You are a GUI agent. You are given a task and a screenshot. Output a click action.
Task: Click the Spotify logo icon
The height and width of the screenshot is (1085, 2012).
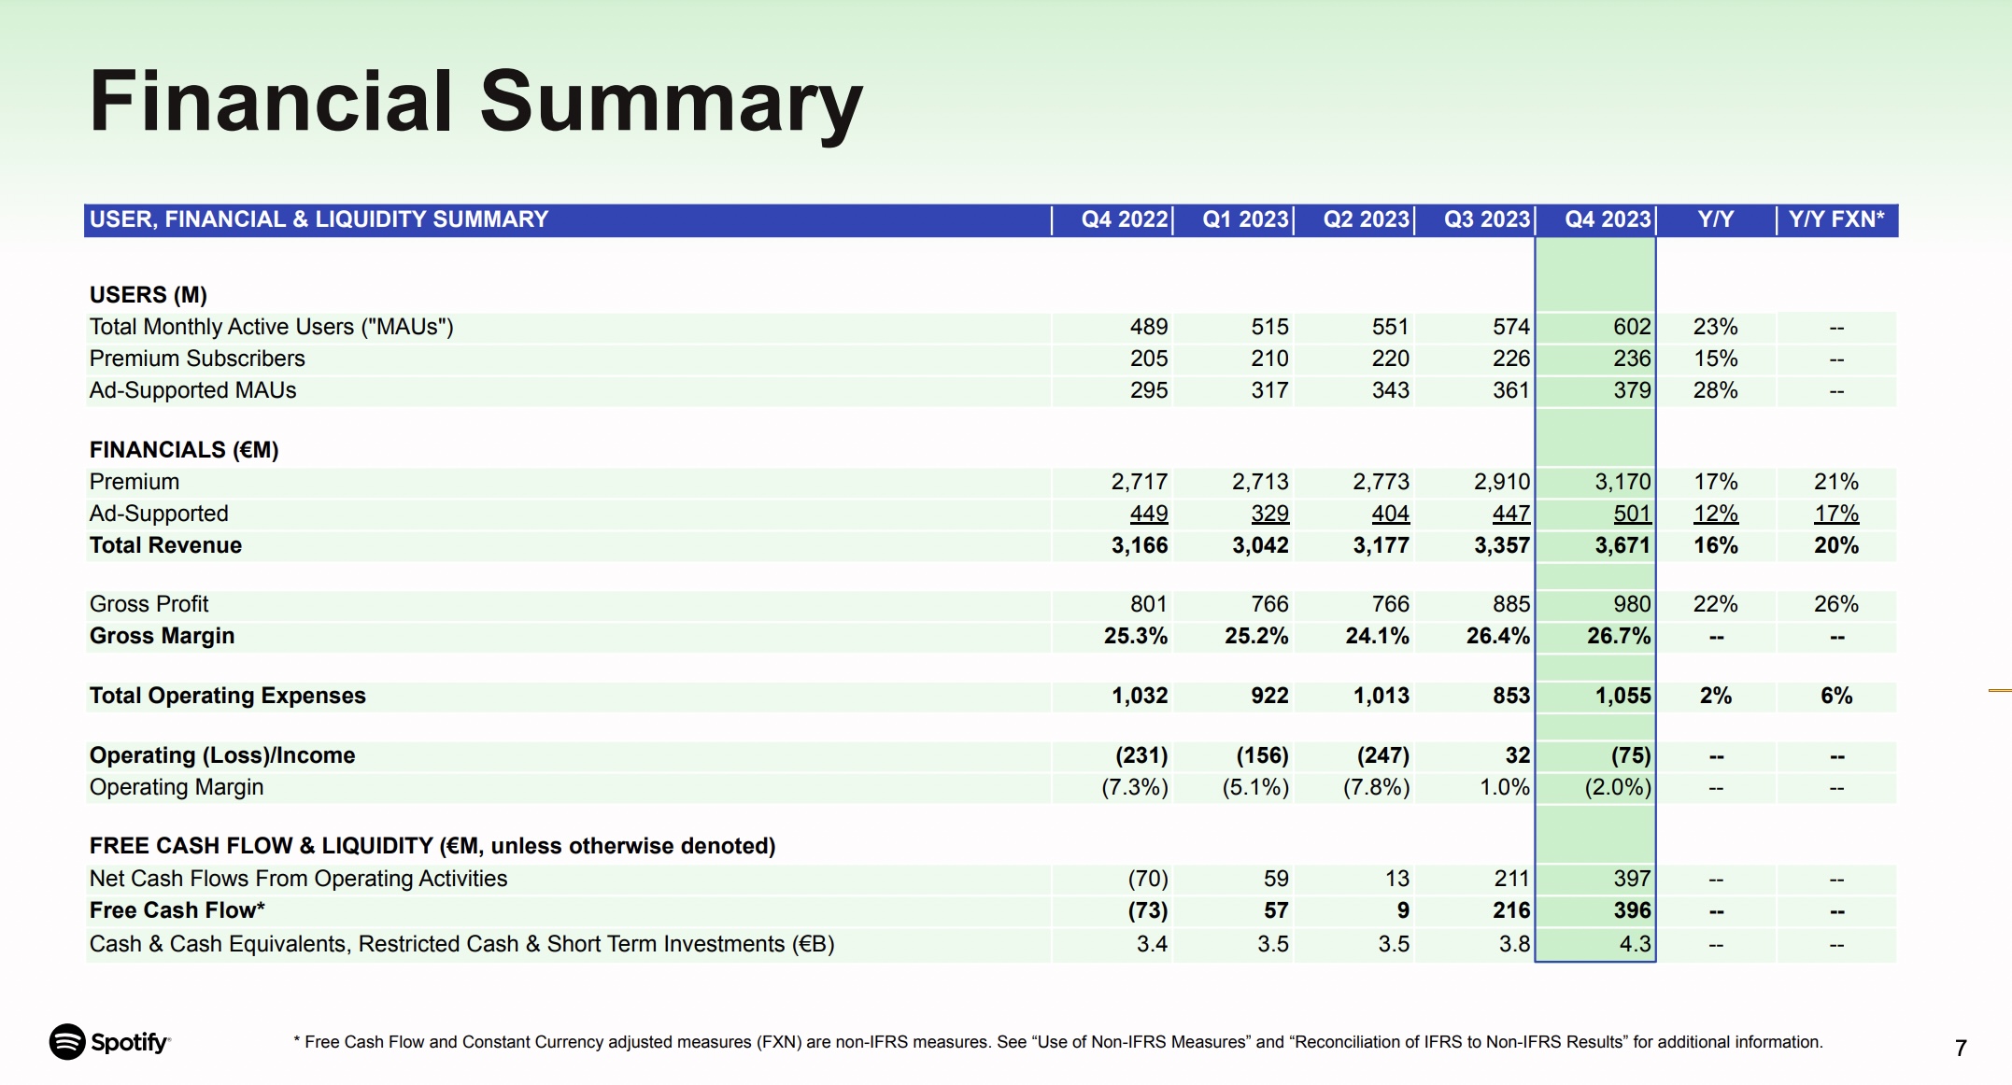[67, 1042]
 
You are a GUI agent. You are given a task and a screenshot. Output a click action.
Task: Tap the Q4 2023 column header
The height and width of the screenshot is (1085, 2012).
[1608, 219]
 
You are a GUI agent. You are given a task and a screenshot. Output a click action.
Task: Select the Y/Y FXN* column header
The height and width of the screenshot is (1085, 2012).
[1836, 219]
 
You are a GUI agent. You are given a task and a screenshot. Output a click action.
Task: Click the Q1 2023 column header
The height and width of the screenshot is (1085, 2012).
[1245, 219]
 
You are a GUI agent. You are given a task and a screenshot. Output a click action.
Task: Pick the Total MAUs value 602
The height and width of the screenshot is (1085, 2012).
[1632, 327]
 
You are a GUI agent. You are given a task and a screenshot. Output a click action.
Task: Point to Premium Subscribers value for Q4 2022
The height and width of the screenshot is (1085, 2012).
[1149, 359]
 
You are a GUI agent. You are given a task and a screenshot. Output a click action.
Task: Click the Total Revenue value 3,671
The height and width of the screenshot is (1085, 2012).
[1622, 545]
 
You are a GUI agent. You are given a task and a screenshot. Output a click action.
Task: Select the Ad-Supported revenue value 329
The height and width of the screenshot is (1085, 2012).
[1269, 514]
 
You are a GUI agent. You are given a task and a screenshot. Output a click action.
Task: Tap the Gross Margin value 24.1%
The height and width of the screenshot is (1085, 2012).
[1377, 636]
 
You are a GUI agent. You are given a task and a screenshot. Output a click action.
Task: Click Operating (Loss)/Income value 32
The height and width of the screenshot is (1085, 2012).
[1518, 755]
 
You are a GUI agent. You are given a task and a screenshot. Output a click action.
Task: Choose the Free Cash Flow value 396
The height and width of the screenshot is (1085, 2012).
[1632, 910]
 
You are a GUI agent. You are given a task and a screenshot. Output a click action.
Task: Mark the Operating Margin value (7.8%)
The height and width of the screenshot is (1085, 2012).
[1376, 787]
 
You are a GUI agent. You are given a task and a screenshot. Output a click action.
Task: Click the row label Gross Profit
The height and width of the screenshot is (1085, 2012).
[149, 604]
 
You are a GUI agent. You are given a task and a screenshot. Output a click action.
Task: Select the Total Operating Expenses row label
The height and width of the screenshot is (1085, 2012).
[227, 696]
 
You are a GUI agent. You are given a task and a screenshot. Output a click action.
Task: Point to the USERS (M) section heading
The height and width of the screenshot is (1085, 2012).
[148, 295]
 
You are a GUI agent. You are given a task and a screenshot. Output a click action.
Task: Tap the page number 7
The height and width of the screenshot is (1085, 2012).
[1961, 1048]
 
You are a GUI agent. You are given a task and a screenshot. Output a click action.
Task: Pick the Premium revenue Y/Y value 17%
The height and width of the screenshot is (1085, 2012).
[1716, 482]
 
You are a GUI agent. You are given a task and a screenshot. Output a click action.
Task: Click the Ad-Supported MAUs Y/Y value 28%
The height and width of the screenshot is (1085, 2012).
[1716, 390]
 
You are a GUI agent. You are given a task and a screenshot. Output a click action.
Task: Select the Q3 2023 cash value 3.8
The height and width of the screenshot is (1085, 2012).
[1514, 944]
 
